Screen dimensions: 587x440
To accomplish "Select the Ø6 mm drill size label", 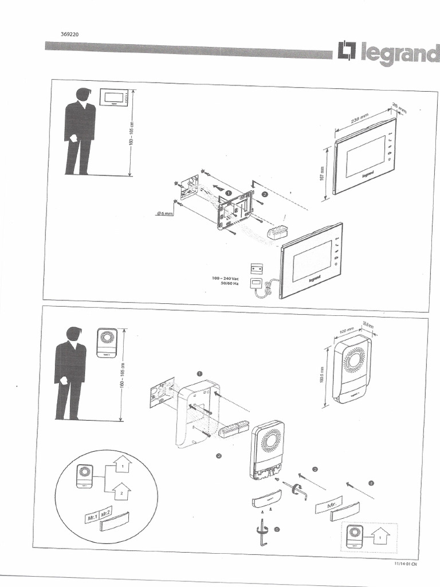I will [165, 213].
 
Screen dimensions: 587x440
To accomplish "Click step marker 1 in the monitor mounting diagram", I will [228, 194].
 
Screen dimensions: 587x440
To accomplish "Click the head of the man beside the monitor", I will [83, 95].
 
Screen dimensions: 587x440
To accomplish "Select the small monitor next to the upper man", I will [116, 98].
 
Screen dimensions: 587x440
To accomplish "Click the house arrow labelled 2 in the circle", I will [121, 491].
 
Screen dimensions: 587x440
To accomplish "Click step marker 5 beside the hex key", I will [277, 529].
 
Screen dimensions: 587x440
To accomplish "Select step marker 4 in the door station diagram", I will [371, 483].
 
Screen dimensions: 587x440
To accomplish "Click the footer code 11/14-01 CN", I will [406, 563].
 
